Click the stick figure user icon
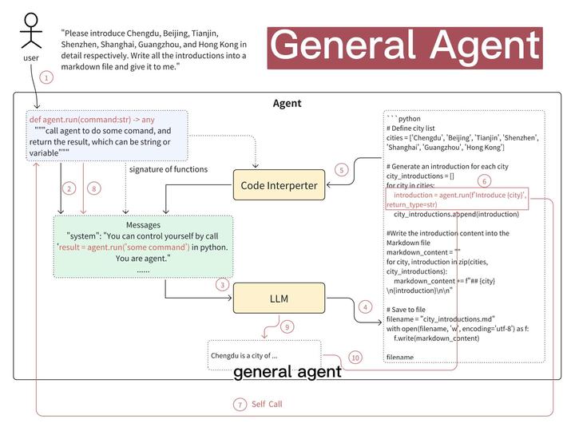click(30, 34)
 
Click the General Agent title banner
click(405, 46)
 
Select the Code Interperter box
click(279, 186)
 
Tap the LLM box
click(279, 299)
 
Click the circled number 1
click(46, 77)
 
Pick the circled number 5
click(341, 170)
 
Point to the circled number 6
click(484, 181)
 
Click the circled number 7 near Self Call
click(240, 405)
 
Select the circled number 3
click(223, 284)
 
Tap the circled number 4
click(366, 306)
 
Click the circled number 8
click(94, 188)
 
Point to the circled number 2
click(69, 188)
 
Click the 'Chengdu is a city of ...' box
click(264, 354)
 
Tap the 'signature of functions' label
click(168, 169)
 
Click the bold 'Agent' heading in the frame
click(287, 104)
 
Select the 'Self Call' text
click(267, 405)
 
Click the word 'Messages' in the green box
click(143, 224)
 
